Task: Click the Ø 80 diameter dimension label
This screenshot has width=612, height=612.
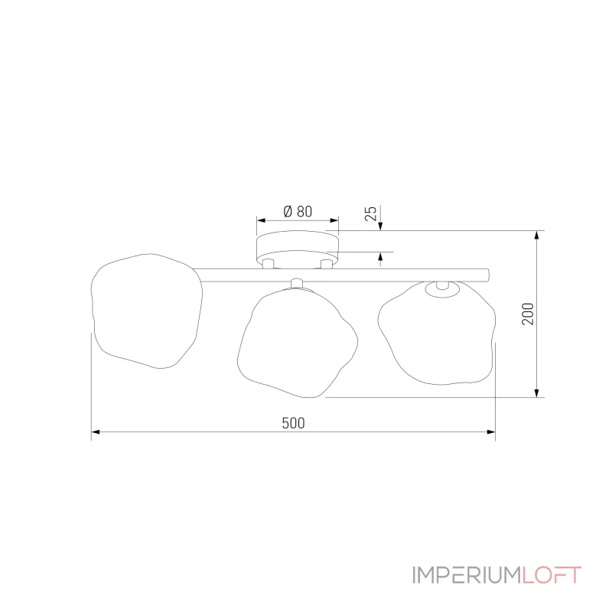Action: pos(298,212)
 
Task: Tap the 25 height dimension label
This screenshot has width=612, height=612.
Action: pos(371,213)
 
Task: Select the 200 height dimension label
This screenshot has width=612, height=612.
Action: pos(528,314)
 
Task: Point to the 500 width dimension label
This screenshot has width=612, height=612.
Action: pos(293,423)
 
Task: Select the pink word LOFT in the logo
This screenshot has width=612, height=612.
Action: pos(552,575)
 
